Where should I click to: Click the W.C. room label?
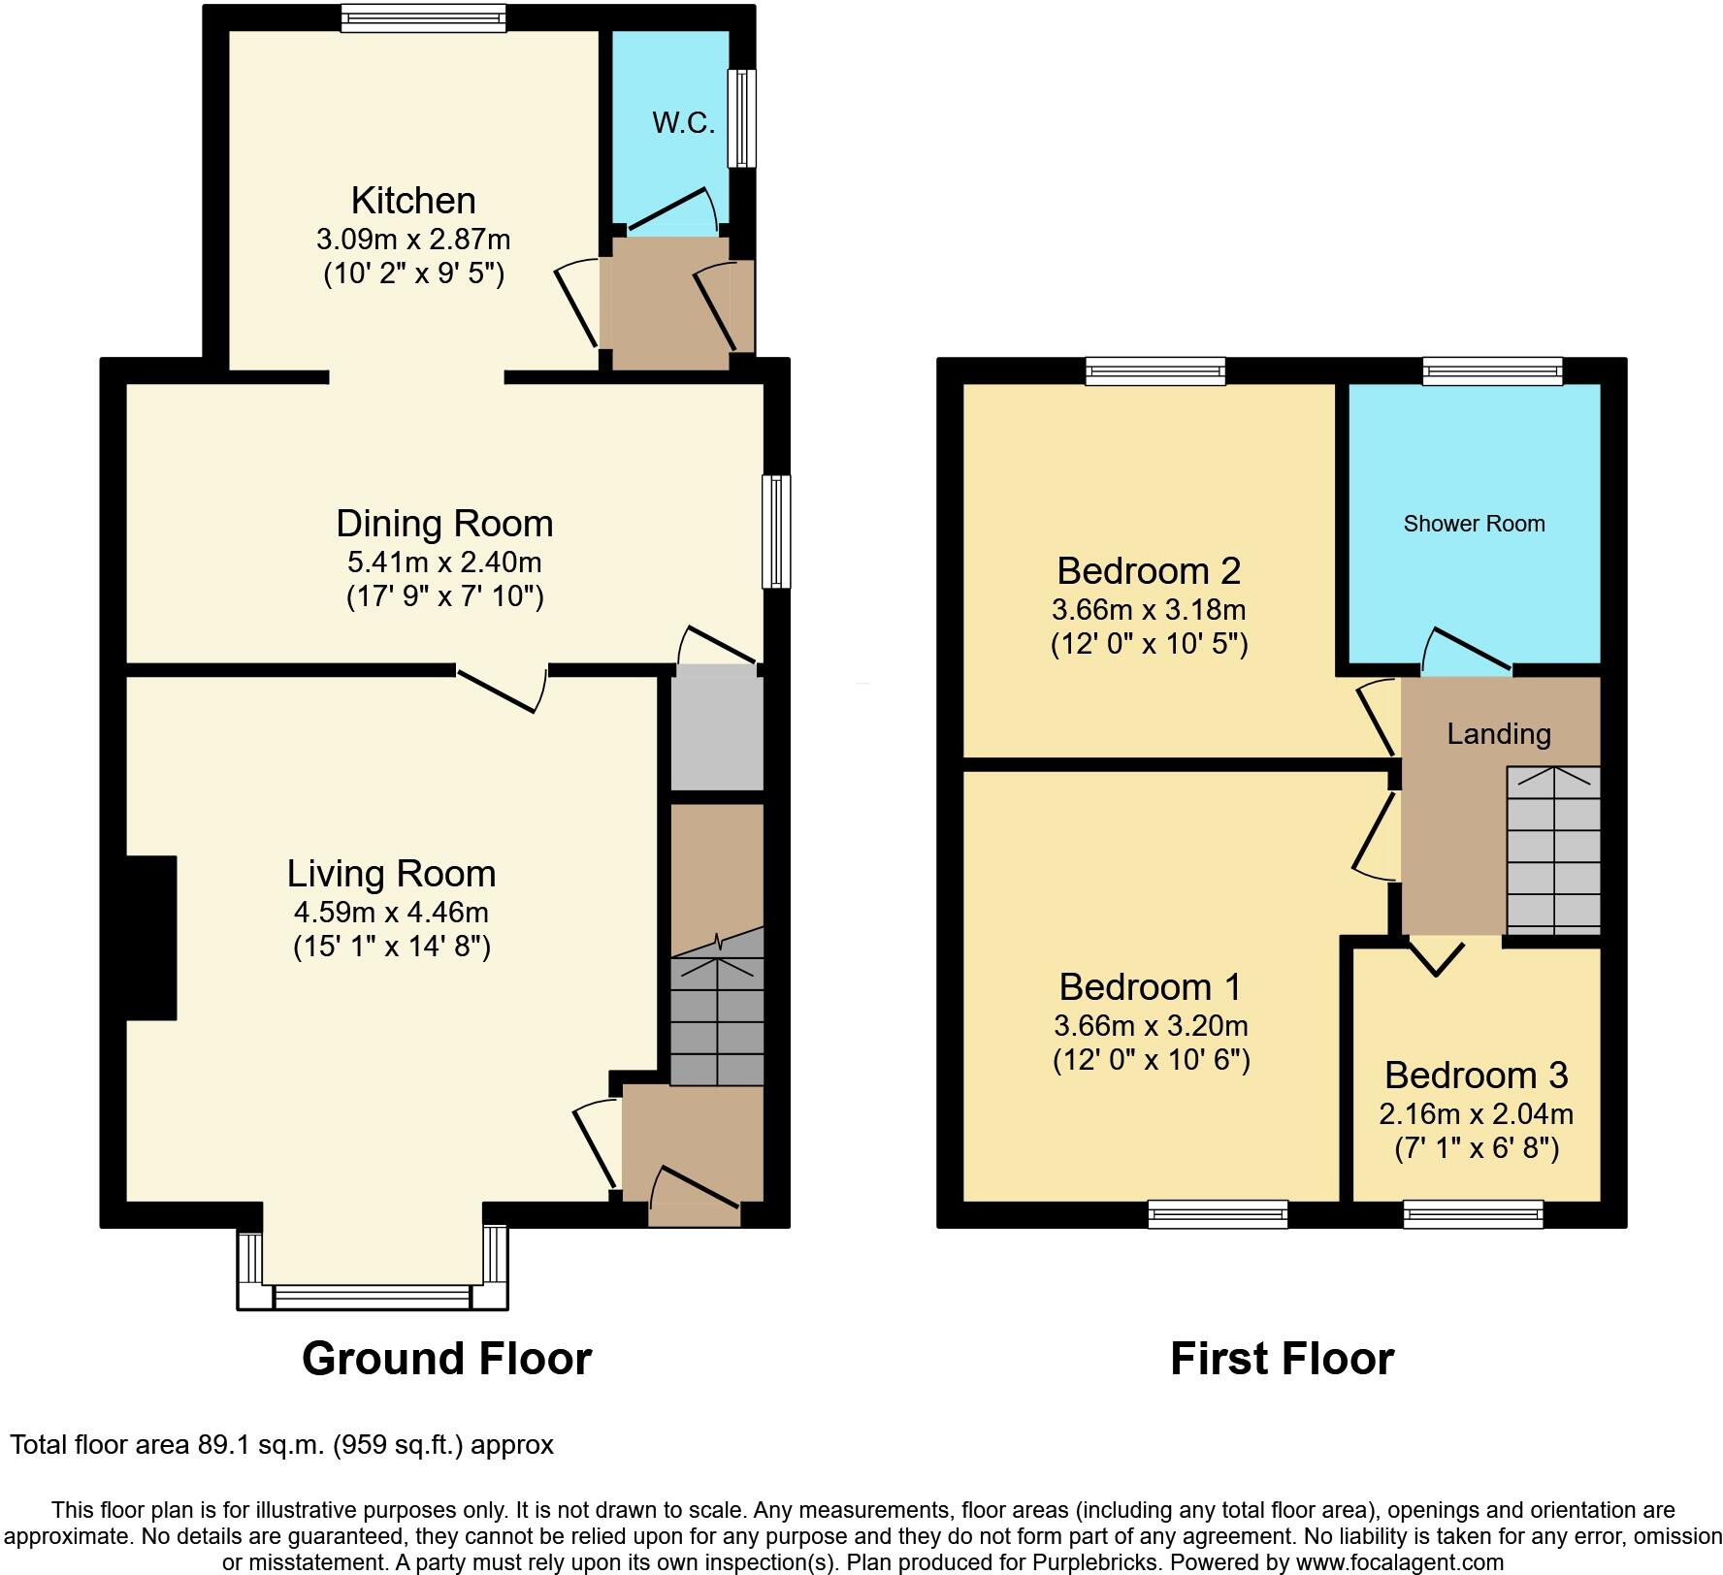(683, 123)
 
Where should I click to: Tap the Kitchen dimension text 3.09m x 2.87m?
(413, 239)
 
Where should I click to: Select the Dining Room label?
(444, 524)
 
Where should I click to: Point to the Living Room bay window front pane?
(372, 1297)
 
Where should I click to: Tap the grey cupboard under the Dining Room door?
(717, 727)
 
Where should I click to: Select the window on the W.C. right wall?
(742, 117)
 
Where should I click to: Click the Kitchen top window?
(423, 18)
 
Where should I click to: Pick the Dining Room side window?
(776, 530)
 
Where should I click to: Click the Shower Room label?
(1474, 524)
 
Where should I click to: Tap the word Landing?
(1498, 734)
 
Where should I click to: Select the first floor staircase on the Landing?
(1552, 850)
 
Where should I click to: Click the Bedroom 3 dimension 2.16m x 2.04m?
(1476, 1113)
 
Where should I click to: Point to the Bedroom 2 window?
(1154, 371)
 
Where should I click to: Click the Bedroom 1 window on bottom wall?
(1218, 1214)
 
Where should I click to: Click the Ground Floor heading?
(446, 1358)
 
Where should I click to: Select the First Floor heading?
(1282, 1358)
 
